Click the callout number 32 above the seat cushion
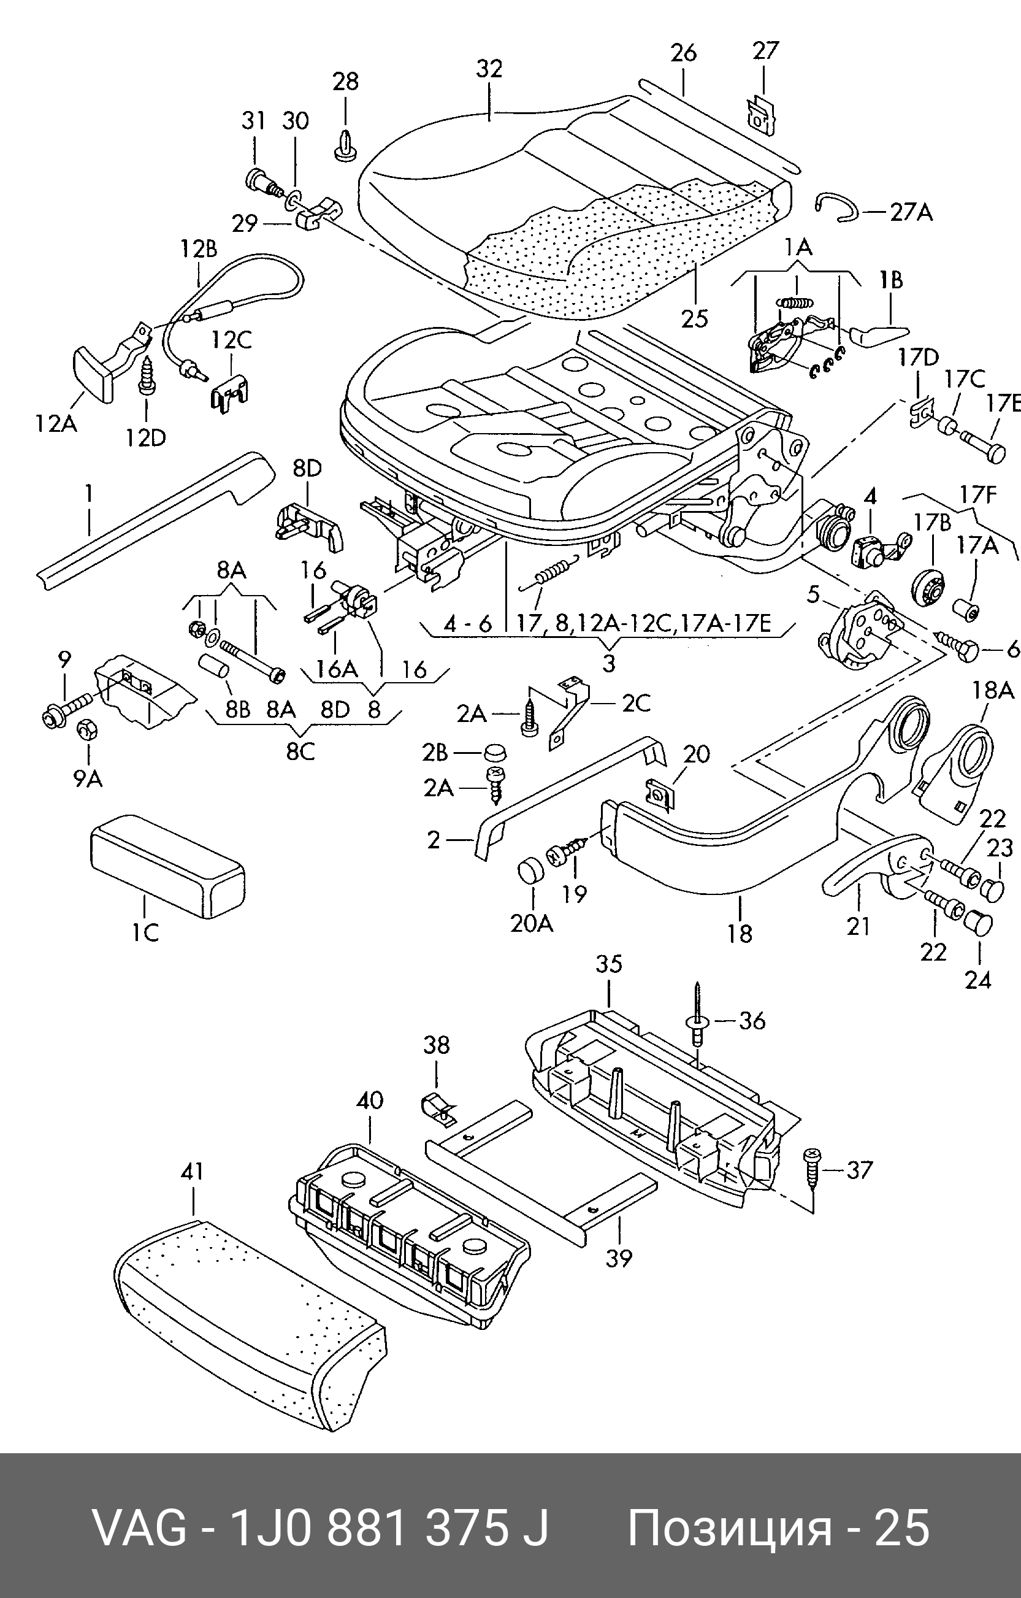[x=489, y=69]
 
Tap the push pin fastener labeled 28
[x=344, y=146]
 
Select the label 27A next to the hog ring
[x=911, y=212]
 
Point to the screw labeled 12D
[x=146, y=375]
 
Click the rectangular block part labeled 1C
[x=167, y=866]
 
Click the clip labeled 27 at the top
[x=760, y=113]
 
